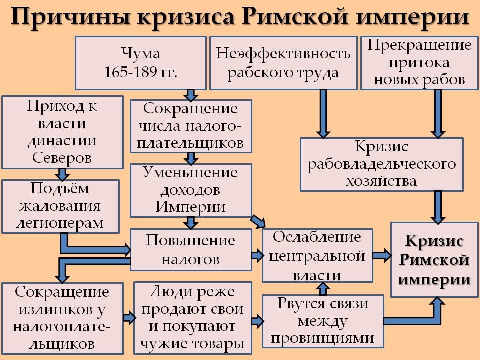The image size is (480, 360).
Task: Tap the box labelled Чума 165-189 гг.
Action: click(140, 62)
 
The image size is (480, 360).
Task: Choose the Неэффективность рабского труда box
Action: click(283, 62)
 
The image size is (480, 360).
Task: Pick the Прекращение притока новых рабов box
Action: click(419, 62)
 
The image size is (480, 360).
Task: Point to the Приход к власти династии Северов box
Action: click(62, 132)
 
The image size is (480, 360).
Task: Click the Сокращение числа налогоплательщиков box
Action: click(190, 126)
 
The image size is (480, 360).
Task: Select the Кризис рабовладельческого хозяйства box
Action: click(381, 164)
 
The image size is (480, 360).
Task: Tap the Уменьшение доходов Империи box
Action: click(190, 190)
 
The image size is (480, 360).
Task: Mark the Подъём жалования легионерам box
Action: click(60, 206)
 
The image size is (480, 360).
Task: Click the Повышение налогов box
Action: click(190, 248)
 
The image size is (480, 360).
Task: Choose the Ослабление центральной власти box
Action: click(318, 256)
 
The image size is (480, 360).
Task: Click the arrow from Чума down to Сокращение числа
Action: click(190, 94)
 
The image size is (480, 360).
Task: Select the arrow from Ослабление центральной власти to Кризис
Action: click(381, 255)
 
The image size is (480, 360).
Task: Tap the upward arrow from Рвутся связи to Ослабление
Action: click(323, 288)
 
